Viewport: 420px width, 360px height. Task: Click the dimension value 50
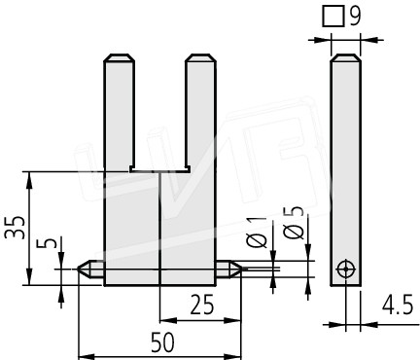[x=162, y=342]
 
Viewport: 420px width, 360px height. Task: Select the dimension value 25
[x=202, y=305]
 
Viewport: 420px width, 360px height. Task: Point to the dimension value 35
[x=15, y=227]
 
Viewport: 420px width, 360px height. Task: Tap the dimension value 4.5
[x=398, y=305]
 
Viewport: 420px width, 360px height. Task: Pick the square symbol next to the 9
[x=333, y=17]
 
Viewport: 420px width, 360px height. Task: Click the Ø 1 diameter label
[x=257, y=232]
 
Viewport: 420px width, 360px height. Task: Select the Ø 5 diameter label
[x=294, y=223]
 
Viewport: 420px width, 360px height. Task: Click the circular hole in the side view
[x=346, y=270]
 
